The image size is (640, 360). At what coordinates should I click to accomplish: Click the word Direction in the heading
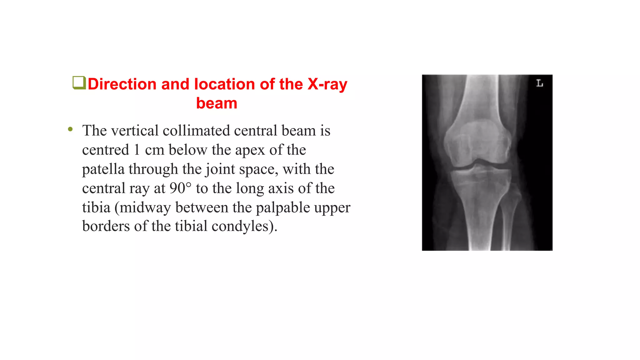pyautogui.click(x=122, y=84)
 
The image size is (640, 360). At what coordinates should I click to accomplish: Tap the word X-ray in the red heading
pyautogui.click(x=327, y=84)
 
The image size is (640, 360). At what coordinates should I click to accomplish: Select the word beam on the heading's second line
pyautogui.click(x=217, y=103)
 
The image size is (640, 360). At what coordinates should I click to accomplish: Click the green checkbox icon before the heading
pyautogui.click(x=79, y=83)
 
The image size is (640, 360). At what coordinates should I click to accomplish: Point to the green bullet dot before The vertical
pyautogui.click(x=70, y=129)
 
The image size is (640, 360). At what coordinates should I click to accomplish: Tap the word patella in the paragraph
pyautogui.click(x=103, y=169)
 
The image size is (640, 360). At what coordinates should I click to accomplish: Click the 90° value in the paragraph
pyautogui.click(x=180, y=188)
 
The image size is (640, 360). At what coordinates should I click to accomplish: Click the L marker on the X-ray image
pyautogui.click(x=539, y=83)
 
